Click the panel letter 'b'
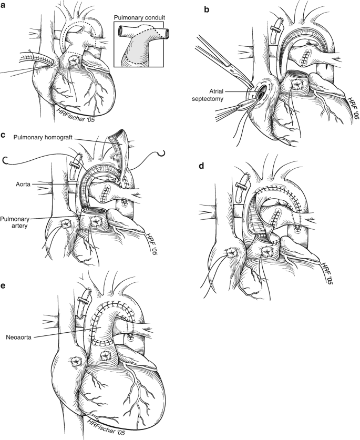click(207, 10)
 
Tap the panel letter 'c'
click(3, 135)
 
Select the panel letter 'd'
click(201, 166)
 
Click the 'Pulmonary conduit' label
click(139, 18)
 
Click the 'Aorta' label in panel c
click(23, 185)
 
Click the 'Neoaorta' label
click(18, 337)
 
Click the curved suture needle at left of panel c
click(5, 160)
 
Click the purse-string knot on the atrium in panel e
click(76, 361)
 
